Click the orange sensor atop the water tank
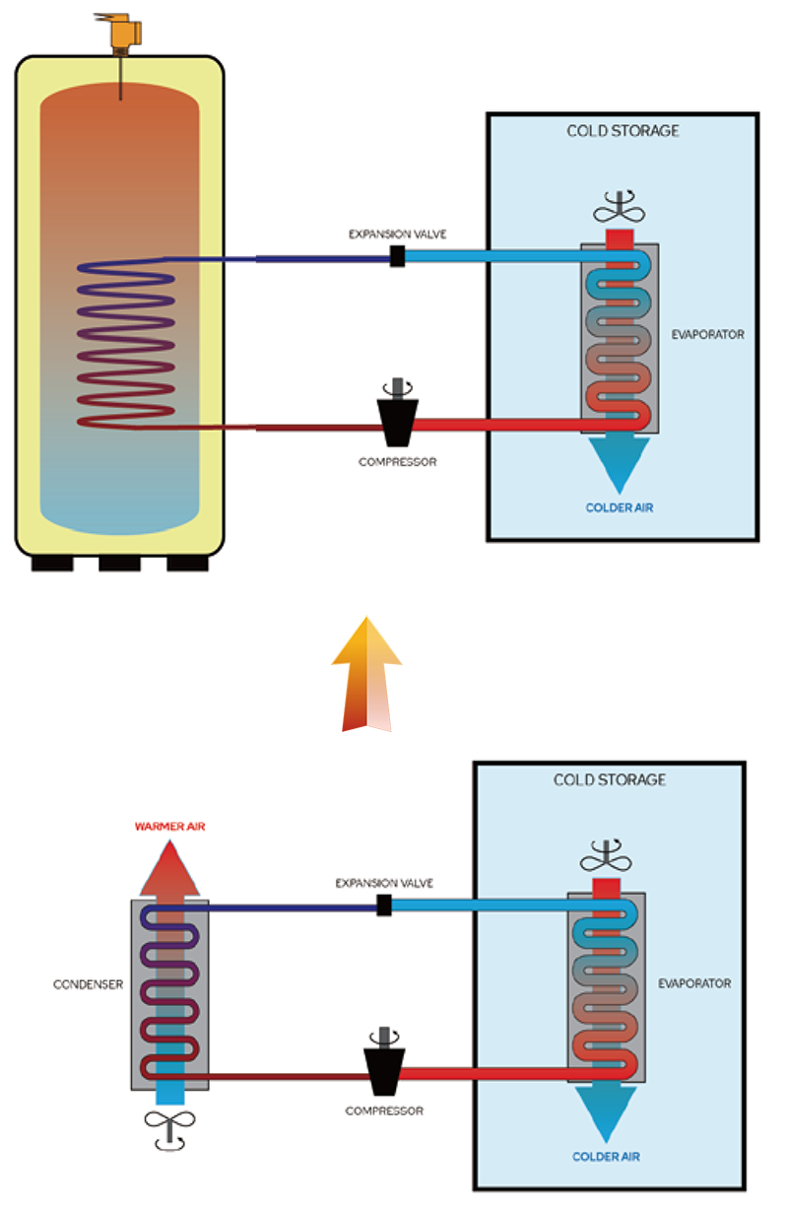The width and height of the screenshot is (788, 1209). click(122, 33)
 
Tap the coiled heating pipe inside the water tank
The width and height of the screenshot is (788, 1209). click(127, 345)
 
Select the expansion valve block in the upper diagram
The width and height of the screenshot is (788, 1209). click(398, 257)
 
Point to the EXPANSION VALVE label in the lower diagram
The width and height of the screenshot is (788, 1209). click(384, 883)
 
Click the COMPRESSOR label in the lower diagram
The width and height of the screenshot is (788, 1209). click(384, 1110)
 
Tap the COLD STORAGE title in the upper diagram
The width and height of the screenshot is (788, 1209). click(623, 131)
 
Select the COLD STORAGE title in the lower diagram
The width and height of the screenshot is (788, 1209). click(609, 779)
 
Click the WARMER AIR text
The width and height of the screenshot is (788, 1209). click(168, 825)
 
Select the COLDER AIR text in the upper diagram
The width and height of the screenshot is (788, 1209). click(620, 507)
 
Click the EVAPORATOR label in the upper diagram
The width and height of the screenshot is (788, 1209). click(707, 334)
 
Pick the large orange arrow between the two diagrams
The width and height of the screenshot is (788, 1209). click(367, 665)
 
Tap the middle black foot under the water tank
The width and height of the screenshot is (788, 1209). click(119, 563)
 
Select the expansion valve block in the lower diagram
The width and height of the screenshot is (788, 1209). click(384, 906)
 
